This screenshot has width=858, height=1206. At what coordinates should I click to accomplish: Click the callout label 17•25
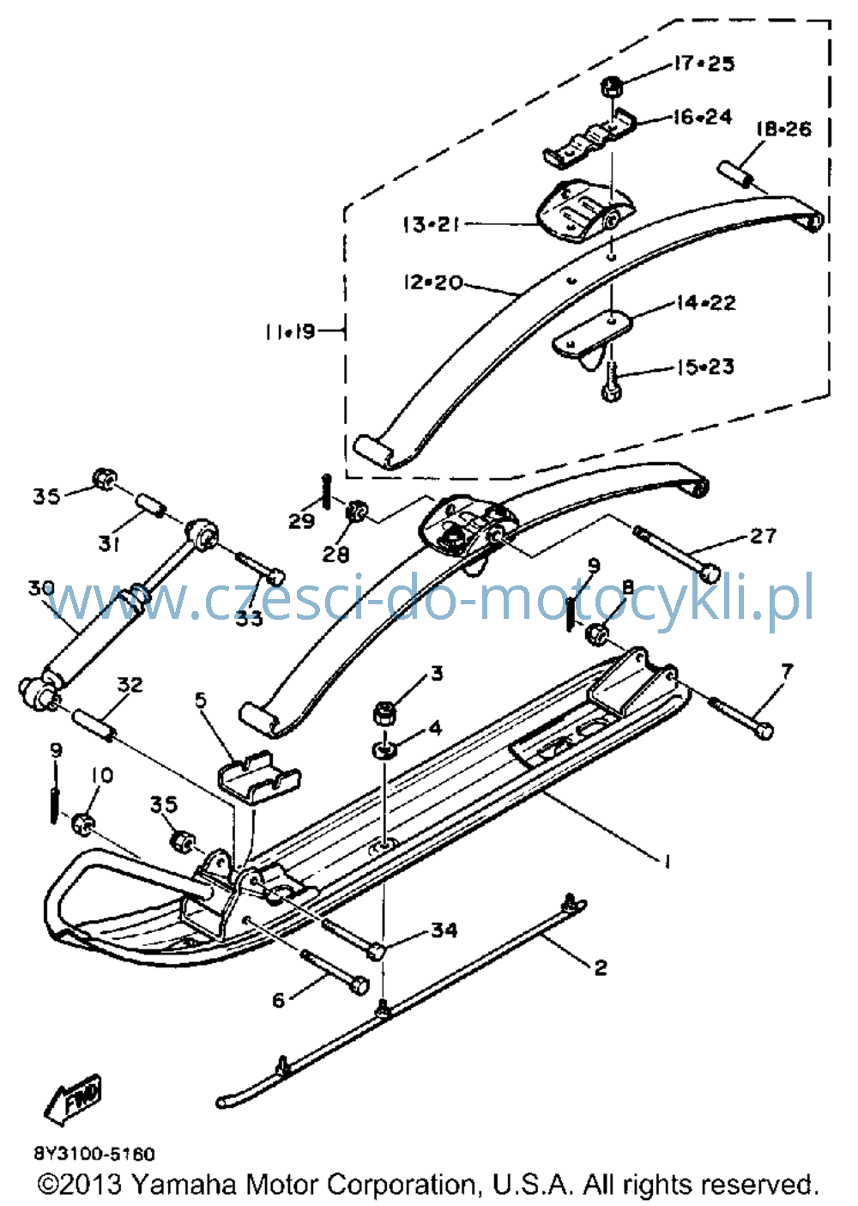pyautogui.click(x=704, y=64)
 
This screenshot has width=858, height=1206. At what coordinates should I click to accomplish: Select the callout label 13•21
pyautogui.click(x=432, y=224)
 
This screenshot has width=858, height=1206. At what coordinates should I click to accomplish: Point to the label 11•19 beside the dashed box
pyautogui.click(x=290, y=331)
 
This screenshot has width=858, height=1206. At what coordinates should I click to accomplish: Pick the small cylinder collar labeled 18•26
pyautogui.click(x=734, y=175)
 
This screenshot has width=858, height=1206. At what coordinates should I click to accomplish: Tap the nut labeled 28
pyautogui.click(x=356, y=511)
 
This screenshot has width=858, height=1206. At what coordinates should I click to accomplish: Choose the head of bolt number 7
pyautogui.click(x=764, y=730)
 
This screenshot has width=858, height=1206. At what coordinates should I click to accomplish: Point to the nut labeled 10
pyautogui.click(x=83, y=824)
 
